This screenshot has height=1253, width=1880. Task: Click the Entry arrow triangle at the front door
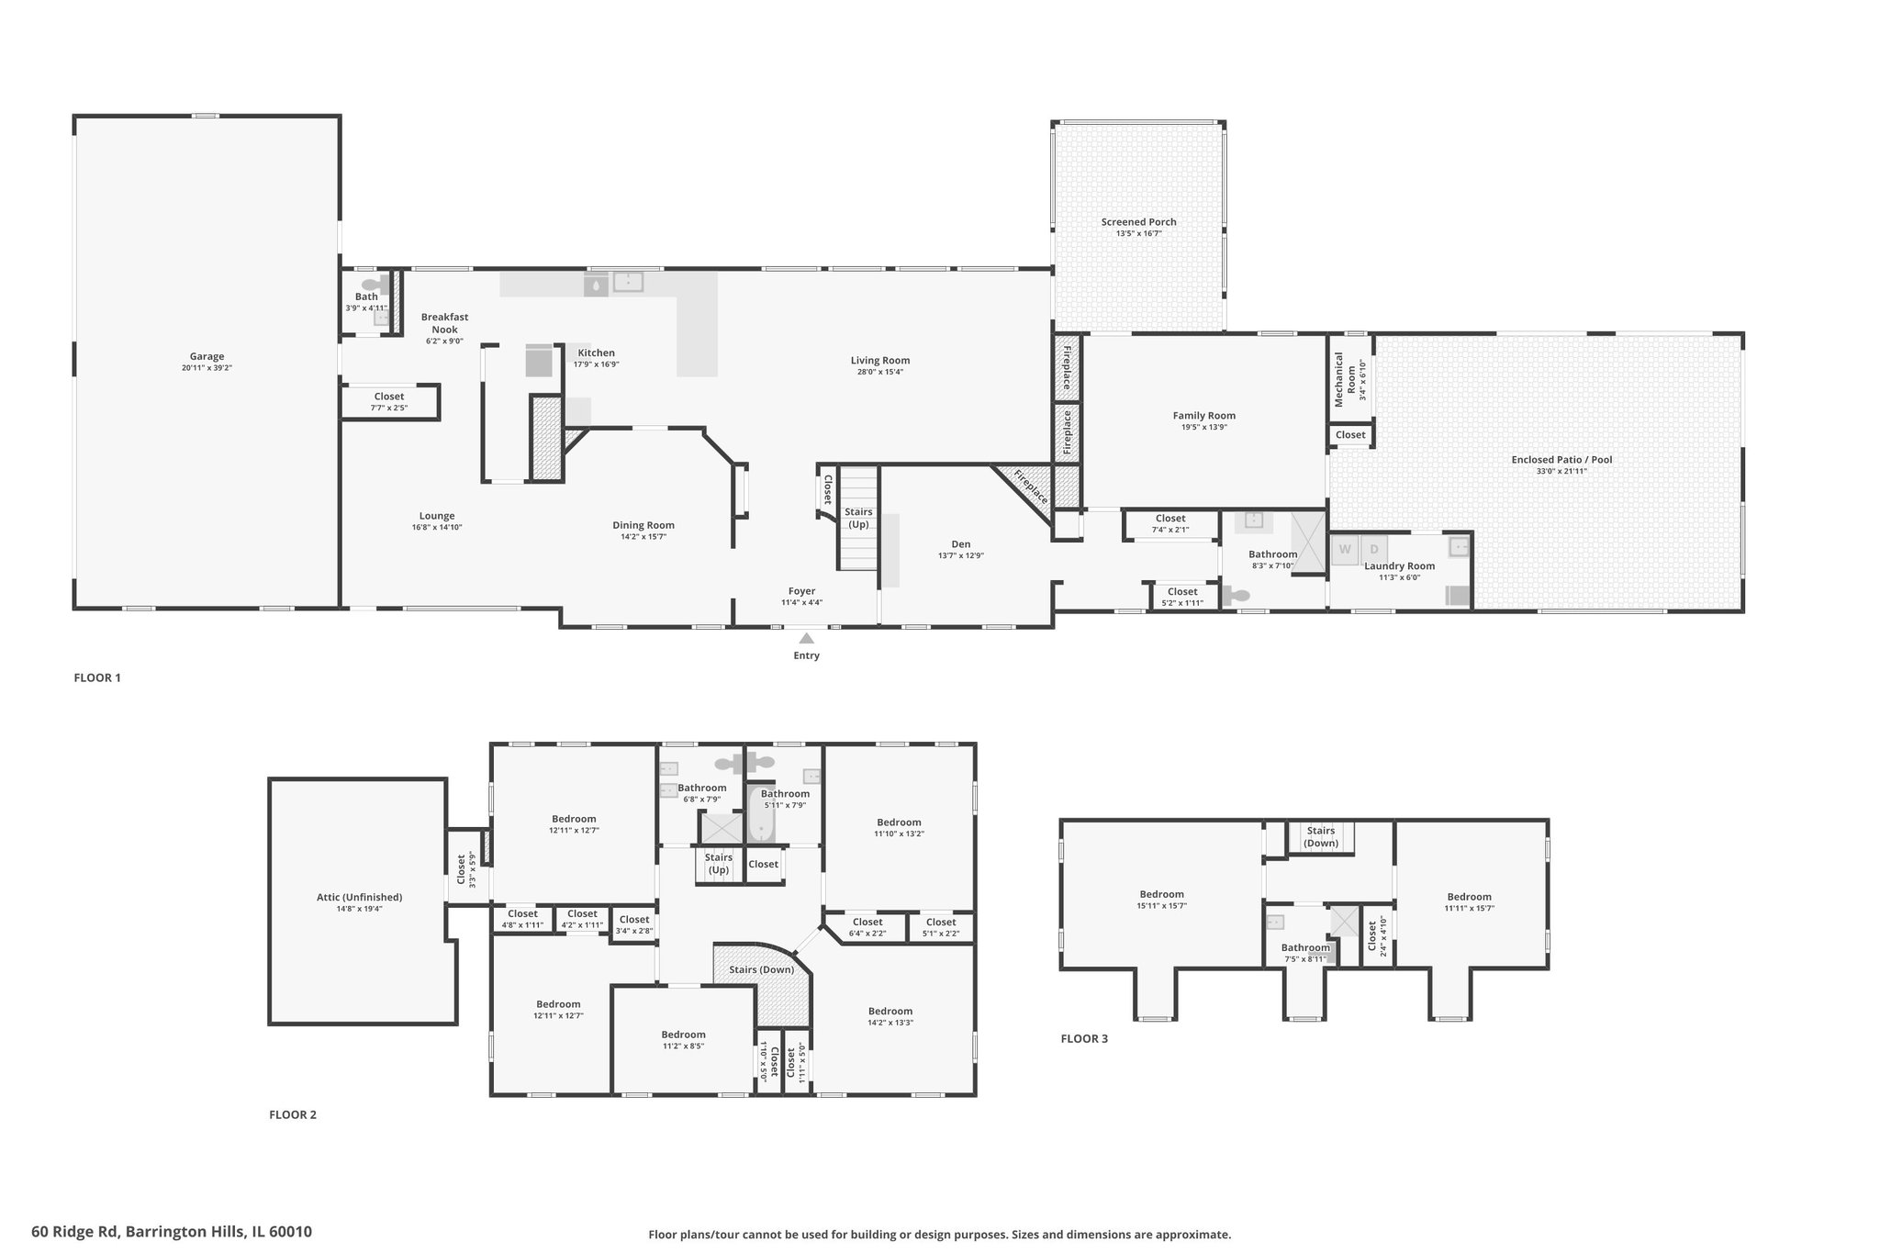tap(806, 638)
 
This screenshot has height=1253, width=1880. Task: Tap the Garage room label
tap(207, 356)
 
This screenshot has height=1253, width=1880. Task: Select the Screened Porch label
tap(1139, 221)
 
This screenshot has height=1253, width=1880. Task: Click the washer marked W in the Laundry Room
tap(1345, 550)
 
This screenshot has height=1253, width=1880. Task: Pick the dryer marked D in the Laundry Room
tap(1374, 550)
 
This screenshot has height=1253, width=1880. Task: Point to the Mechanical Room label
tap(1345, 379)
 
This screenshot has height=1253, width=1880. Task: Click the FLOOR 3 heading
tap(1084, 1038)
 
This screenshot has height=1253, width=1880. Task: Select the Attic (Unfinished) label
tap(359, 897)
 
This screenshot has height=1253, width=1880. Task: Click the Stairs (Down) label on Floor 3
tap(1321, 836)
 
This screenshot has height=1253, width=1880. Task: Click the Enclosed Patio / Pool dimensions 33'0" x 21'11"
tap(1561, 472)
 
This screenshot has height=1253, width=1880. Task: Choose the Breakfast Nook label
tap(445, 323)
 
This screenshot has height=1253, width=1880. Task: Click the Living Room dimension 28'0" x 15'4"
tap(880, 372)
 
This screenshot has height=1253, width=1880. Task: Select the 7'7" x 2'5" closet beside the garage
tap(389, 402)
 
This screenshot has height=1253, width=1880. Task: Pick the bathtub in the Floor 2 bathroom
tap(761, 814)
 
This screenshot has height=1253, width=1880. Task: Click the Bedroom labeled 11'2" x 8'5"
tap(684, 1040)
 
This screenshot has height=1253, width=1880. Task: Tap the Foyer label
tap(801, 591)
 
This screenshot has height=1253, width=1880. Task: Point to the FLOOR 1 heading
tap(97, 677)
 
